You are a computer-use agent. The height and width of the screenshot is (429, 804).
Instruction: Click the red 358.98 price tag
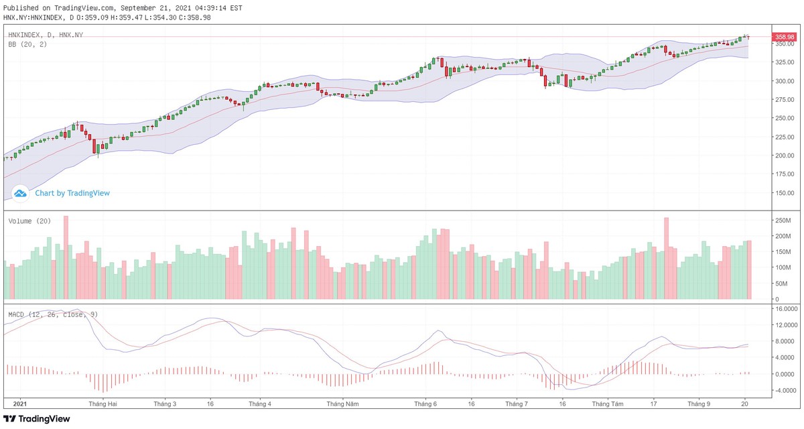click(x=784, y=37)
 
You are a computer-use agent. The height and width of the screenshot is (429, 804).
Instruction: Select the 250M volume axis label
click(x=783, y=221)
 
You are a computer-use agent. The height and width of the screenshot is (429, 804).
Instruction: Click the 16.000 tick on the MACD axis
click(x=785, y=309)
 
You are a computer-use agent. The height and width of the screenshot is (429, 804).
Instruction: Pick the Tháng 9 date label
click(x=699, y=405)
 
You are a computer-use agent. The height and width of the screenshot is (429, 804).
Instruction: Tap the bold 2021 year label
click(x=20, y=405)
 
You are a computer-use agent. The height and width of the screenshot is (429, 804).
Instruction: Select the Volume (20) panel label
click(x=29, y=221)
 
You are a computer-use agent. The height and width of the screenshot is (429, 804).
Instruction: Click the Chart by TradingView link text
click(x=72, y=193)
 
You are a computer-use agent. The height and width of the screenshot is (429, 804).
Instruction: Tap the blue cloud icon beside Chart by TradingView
click(x=20, y=193)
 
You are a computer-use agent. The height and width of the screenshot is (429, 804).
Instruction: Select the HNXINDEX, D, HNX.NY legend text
click(x=46, y=35)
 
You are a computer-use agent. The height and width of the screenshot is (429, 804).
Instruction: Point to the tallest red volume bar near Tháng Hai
click(x=66, y=257)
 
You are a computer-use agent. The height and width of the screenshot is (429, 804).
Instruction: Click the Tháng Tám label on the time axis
click(x=608, y=405)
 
